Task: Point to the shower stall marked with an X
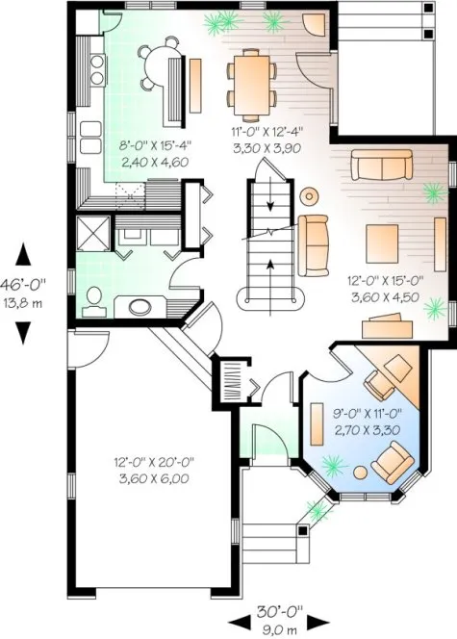pos(94,233)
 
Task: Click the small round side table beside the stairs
pos(309,196)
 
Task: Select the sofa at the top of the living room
pos(383,166)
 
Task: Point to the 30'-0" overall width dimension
pos(280,610)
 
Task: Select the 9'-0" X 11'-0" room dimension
pos(355,413)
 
